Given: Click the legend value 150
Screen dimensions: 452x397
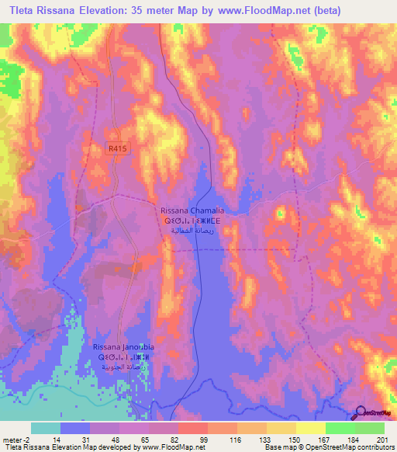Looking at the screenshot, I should click(295, 440).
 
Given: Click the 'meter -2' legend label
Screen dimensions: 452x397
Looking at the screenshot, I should click(16, 440).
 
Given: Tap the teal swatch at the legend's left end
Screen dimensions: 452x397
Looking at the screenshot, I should click(46, 428).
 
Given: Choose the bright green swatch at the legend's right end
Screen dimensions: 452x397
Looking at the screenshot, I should click(370, 428).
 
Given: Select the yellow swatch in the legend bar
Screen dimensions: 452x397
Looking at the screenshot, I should click(311, 428).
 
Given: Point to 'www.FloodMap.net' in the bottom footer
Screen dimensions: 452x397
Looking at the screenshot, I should click(169, 448).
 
